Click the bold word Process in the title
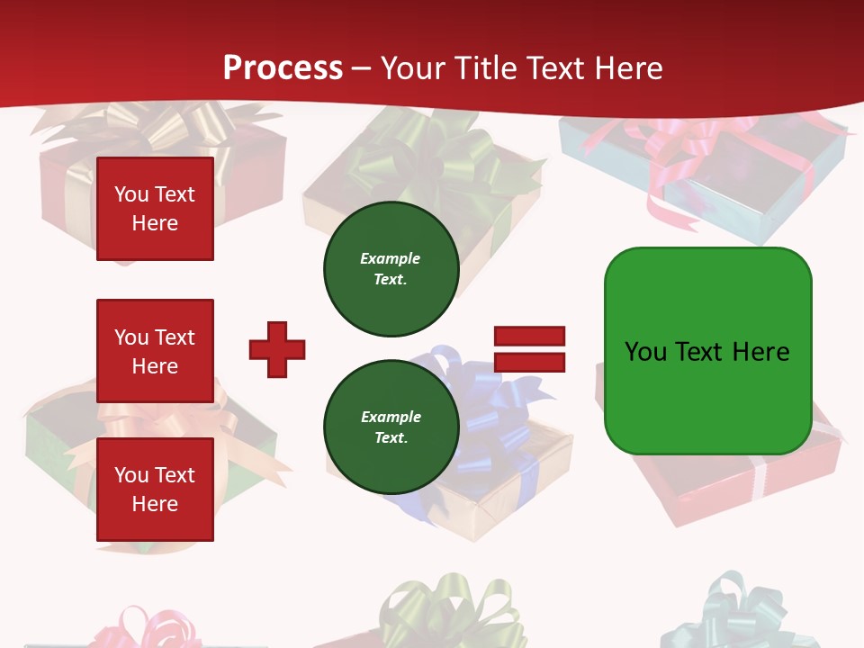point(283,67)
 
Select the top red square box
point(155,209)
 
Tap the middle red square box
point(155,351)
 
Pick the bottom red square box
point(155,490)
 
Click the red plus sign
point(277,349)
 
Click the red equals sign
point(529,349)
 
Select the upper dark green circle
point(391,269)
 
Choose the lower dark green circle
point(391,427)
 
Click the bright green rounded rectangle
point(707,351)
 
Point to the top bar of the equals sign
point(529,337)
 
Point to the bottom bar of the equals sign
point(529,362)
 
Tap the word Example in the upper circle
point(390,258)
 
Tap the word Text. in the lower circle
point(391,438)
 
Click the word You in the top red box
point(131,194)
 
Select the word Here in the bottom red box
point(155,504)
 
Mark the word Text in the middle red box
point(175,337)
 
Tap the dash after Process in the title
point(362,67)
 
